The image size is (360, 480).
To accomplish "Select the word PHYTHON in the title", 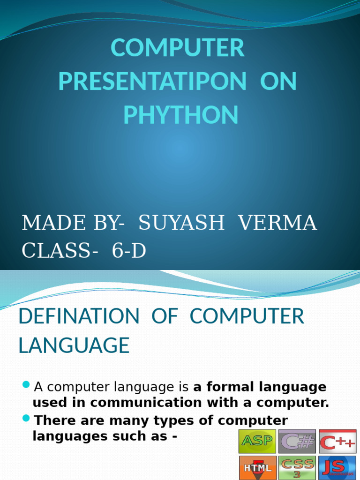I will coord(180,115).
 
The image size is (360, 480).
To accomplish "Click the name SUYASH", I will coord(181,223).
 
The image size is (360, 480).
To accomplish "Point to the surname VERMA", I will coord(278,223).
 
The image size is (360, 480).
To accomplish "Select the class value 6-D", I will coord(129,251).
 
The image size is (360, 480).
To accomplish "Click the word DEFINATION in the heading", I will coord(79,316).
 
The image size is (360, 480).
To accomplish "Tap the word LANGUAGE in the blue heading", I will coord(74,345).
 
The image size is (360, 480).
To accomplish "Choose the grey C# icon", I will coord(297,442).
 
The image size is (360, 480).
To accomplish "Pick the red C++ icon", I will coord(337,442).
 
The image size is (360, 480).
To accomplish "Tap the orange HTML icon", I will coord(257,468).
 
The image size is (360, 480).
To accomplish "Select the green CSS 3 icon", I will coord(297,468).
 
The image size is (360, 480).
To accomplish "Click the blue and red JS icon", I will coord(337,468).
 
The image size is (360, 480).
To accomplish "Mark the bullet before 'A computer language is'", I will coord(26,385).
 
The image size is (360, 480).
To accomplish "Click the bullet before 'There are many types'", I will coord(26,418).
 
